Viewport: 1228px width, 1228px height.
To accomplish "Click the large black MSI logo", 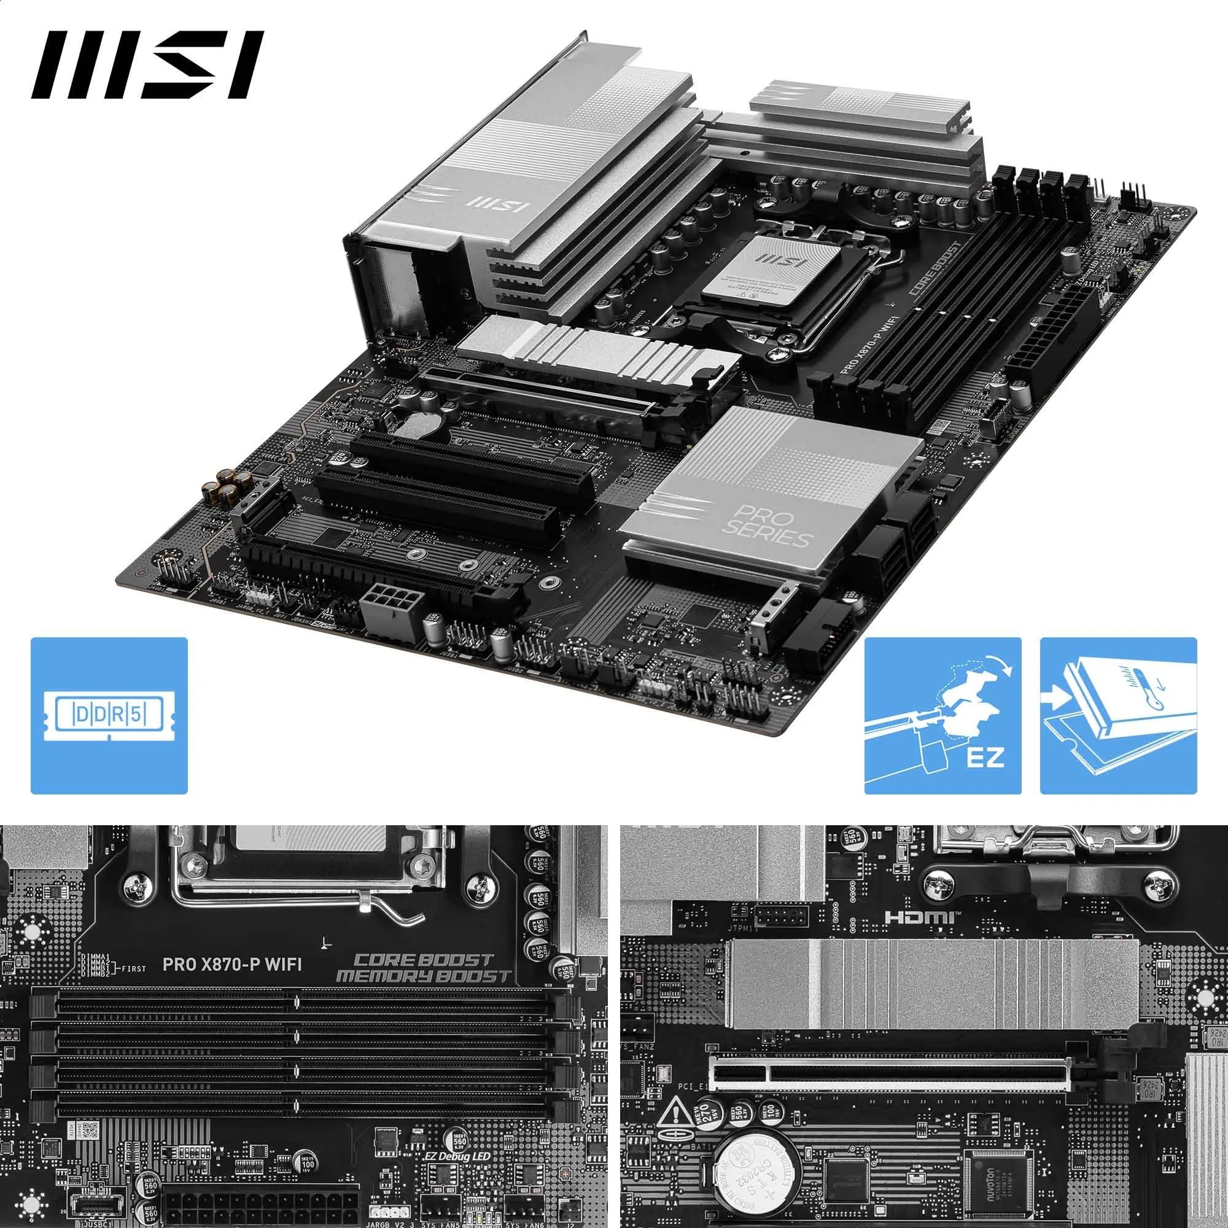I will (147, 66).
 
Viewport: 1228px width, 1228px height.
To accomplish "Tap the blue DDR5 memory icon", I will (109, 716).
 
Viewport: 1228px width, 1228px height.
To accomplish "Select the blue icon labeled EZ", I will (942, 716).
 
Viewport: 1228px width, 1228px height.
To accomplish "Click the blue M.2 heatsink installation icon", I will (1118, 716).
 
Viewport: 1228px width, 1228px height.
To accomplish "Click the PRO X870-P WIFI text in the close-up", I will (231, 965).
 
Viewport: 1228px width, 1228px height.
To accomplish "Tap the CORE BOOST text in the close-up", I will (423, 960).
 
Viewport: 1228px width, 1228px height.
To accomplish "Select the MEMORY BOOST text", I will (423, 976).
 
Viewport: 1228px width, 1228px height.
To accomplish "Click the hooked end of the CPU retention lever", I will (410, 919).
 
